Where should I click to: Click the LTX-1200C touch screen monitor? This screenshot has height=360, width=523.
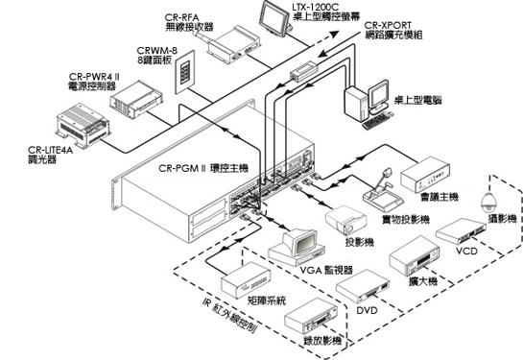(274, 18)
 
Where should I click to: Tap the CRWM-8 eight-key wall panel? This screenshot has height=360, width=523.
(184, 72)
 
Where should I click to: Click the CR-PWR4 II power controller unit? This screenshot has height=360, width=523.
(136, 100)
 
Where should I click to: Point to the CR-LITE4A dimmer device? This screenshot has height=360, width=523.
(83, 125)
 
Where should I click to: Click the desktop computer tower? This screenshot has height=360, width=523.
(356, 103)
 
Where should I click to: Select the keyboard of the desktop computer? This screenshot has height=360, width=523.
(376, 121)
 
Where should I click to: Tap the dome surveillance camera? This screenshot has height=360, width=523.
(488, 203)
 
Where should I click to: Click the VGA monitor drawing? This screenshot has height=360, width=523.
(297, 247)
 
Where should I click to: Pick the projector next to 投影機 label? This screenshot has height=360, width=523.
(345, 220)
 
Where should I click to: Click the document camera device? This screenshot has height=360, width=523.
(383, 191)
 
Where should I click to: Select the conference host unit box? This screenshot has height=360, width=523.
(424, 175)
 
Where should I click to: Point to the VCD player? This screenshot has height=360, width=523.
(461, 232)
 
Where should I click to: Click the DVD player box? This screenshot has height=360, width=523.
(363, 287)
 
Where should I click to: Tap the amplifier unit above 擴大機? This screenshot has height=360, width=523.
(415, 255)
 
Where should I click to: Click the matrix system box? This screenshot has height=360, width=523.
(246, 280)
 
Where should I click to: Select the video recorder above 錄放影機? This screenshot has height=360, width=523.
(311, 316)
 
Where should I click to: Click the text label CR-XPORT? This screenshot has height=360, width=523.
(388, 25)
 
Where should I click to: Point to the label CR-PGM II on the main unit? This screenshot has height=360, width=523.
(182, 168)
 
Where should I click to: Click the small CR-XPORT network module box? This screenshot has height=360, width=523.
(303, 71)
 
